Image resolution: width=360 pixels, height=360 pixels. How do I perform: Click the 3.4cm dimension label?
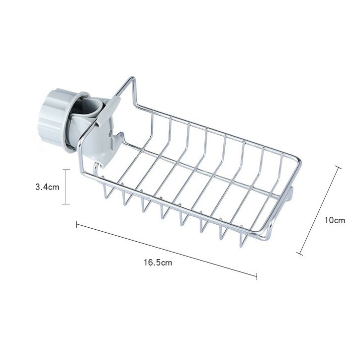click(x=47, y=187)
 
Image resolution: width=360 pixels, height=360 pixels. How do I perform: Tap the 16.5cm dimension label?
click(x=158, y=262)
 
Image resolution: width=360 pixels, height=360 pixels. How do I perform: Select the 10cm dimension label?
click(x=335, y=220)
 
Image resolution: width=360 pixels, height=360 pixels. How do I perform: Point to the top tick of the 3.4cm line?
click(x=66, y=170)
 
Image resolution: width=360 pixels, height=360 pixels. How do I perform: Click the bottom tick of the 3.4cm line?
click(x=66, y=204)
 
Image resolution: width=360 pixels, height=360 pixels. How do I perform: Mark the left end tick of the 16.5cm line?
click(x=77, y=224)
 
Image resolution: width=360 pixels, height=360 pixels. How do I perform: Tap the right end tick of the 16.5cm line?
click(x=257, y=276)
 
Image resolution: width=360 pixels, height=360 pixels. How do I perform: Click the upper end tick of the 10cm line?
click(x=338, y=167)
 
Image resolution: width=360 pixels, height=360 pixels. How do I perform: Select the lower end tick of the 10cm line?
click(x=299, y=254)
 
